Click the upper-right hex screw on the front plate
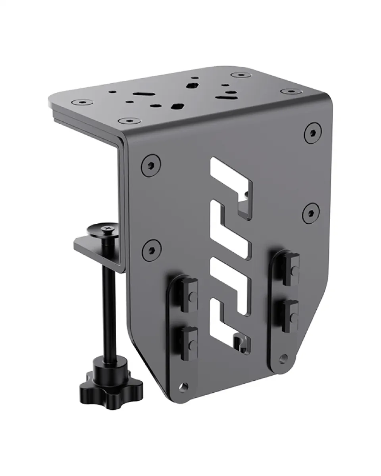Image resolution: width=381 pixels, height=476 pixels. (313, 133)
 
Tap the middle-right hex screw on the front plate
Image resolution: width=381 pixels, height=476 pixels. (311, 213)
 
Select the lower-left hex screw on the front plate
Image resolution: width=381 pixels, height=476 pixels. (152, 250)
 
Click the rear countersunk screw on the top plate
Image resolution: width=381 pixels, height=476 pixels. (240, 75)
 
